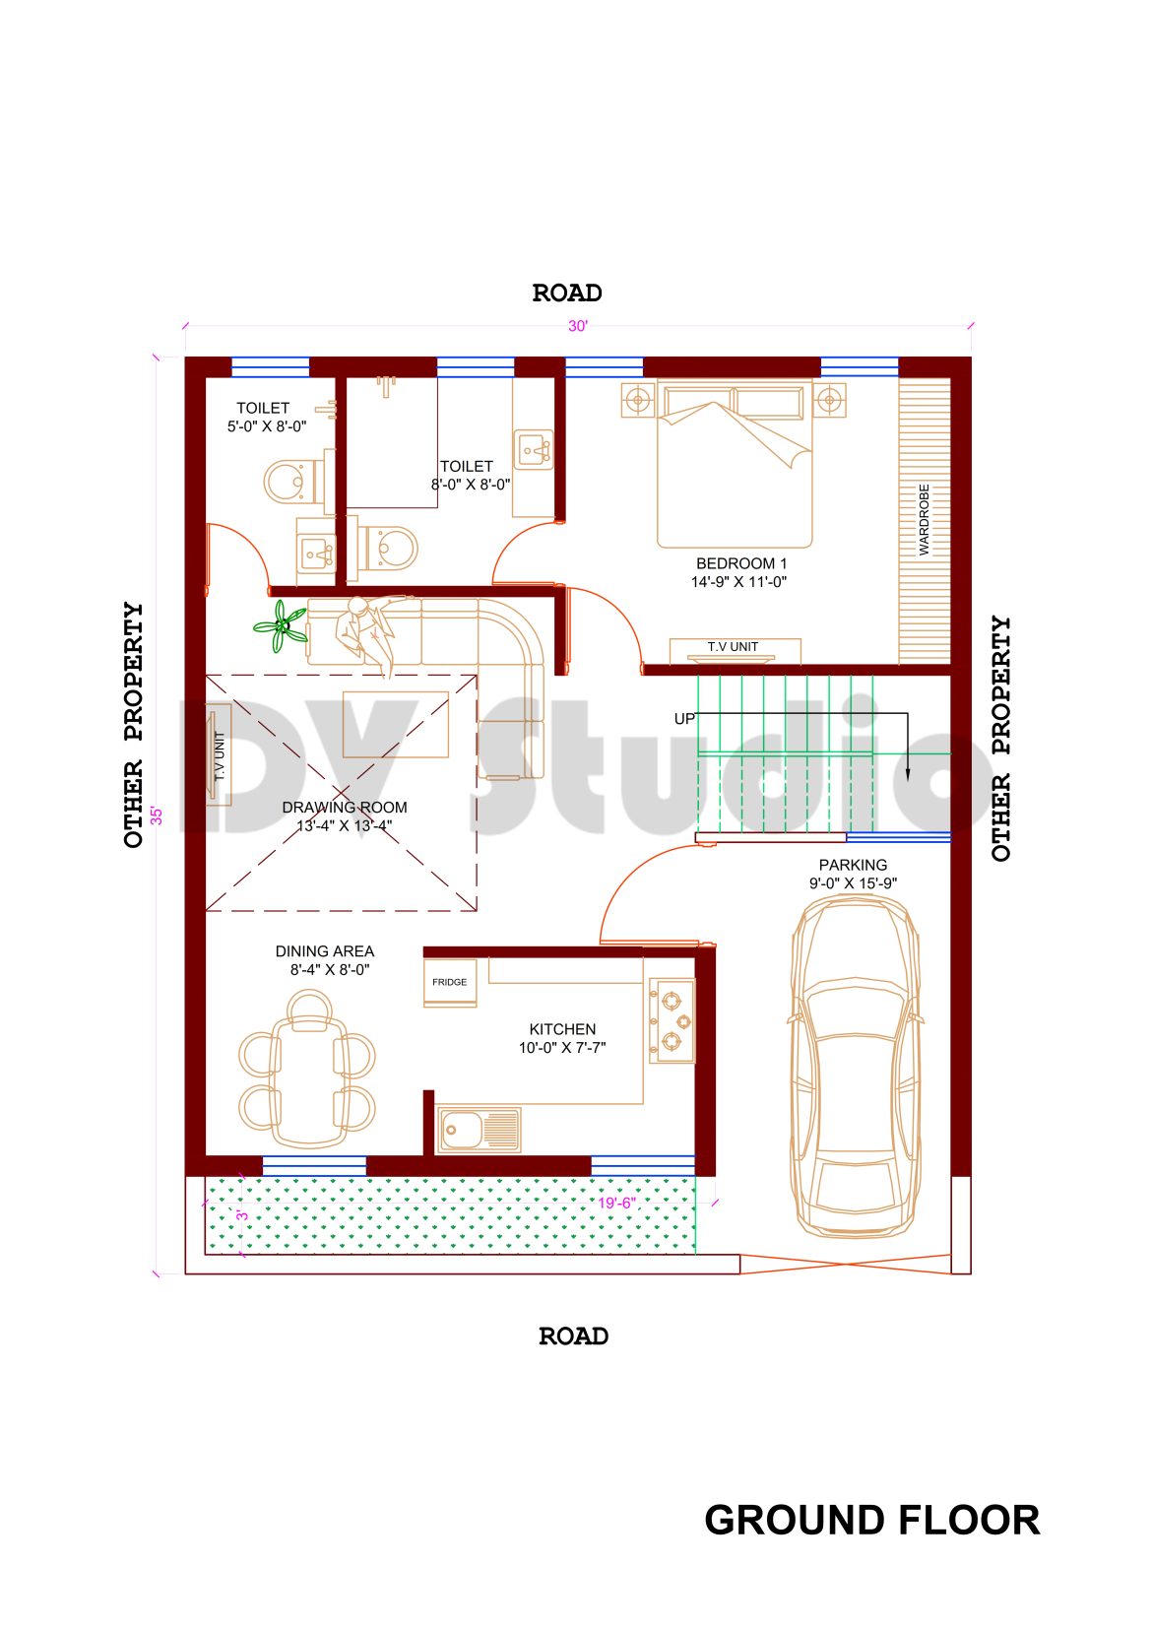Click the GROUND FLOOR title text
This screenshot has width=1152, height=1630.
[871, 1521]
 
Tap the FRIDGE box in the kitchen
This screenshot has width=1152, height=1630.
[450, 983]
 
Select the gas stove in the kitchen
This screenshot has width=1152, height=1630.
[672, 1019]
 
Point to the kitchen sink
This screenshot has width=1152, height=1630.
[479, 1129]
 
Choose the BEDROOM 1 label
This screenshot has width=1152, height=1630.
[740, 564]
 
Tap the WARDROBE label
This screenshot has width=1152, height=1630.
[924, 519]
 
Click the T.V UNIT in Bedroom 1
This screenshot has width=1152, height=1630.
[734, 648]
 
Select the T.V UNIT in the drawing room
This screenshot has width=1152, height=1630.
[219, 755]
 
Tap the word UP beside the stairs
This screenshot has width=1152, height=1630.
[684, 719]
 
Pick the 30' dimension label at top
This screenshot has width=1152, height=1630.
[577, 327]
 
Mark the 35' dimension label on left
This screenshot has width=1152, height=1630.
[157, 815]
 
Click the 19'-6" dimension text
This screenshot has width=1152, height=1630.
[616, 1204]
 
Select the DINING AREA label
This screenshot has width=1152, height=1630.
[325, 951]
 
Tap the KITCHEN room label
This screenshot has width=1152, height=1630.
[562, 1029]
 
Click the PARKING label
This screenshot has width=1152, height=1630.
[853, 866]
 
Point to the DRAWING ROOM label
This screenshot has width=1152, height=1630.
[344, 808]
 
